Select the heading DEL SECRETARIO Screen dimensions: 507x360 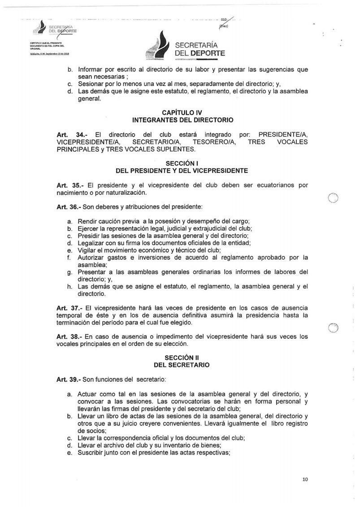click(182, 365)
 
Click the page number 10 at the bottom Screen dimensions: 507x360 click(305, 480)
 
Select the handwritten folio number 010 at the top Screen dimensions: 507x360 click(225, 19)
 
